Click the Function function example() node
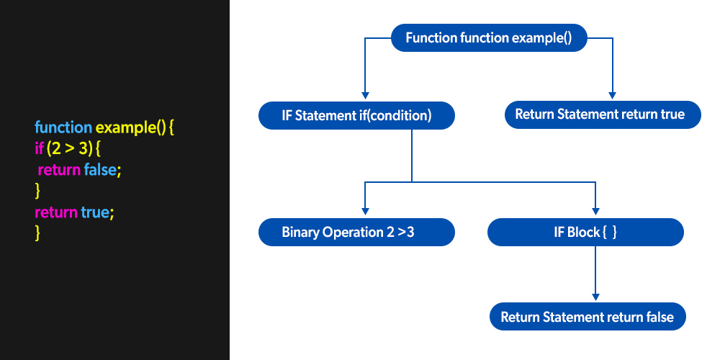489,38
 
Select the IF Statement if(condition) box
356,115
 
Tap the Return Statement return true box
602,114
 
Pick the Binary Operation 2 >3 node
356,233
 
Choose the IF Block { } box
585,233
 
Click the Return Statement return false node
587,317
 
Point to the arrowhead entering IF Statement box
366,95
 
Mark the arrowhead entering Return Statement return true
612,94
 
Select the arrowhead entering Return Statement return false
595,296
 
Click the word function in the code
63,128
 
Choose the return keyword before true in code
56,212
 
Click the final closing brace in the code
37,233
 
